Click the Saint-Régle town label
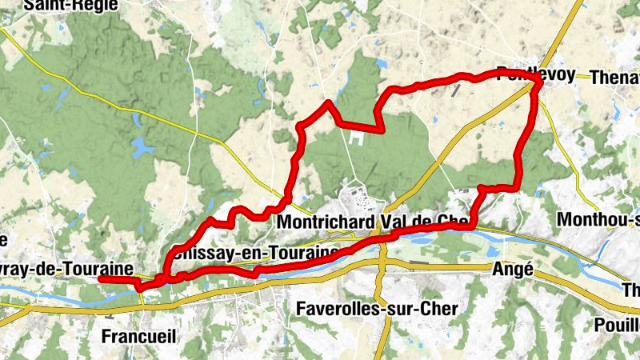(70, 5)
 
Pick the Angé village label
(512, 270)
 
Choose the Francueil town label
(138, 337)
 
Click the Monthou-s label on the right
(600, 219)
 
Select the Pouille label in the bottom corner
(617, 325)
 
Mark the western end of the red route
(101, 278)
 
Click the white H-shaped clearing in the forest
(355, 138)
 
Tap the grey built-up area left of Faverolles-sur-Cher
(280, 302)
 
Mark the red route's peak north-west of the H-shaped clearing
(327, 102)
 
